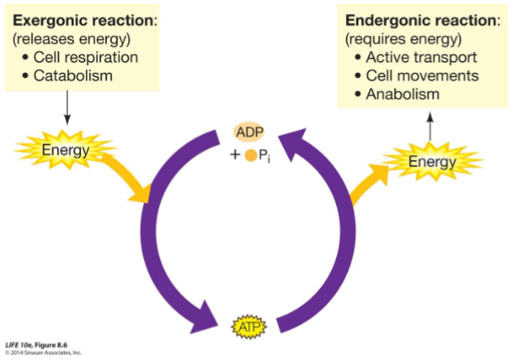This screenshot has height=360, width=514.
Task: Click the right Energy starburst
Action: click(x=431, y=162)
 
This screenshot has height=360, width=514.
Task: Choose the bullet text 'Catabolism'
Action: click(x=73, y=76)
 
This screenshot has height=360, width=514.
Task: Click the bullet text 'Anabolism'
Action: click(x=402, y=94)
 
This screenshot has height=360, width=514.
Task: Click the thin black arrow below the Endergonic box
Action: click(x=428, y=124)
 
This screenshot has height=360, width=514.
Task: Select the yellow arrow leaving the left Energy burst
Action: click(x=124, y=178)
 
